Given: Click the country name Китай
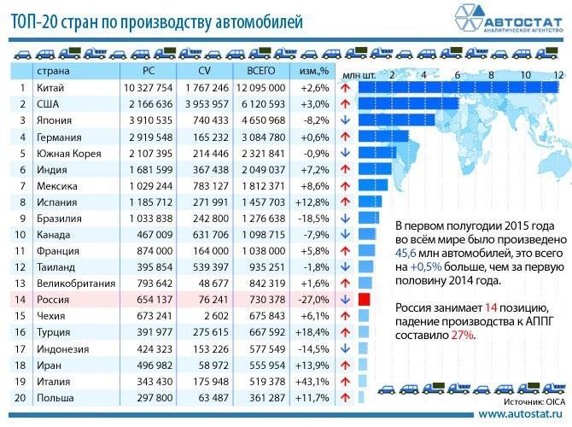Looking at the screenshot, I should [50, 87].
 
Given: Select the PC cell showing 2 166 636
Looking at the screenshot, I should [148, 103].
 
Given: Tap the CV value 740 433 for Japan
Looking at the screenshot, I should [209, 120].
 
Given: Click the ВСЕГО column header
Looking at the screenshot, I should [261, 70].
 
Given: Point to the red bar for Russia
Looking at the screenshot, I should [364, 300].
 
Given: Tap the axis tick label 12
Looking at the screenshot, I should [557, 75].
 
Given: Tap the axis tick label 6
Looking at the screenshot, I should [457, 75].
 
